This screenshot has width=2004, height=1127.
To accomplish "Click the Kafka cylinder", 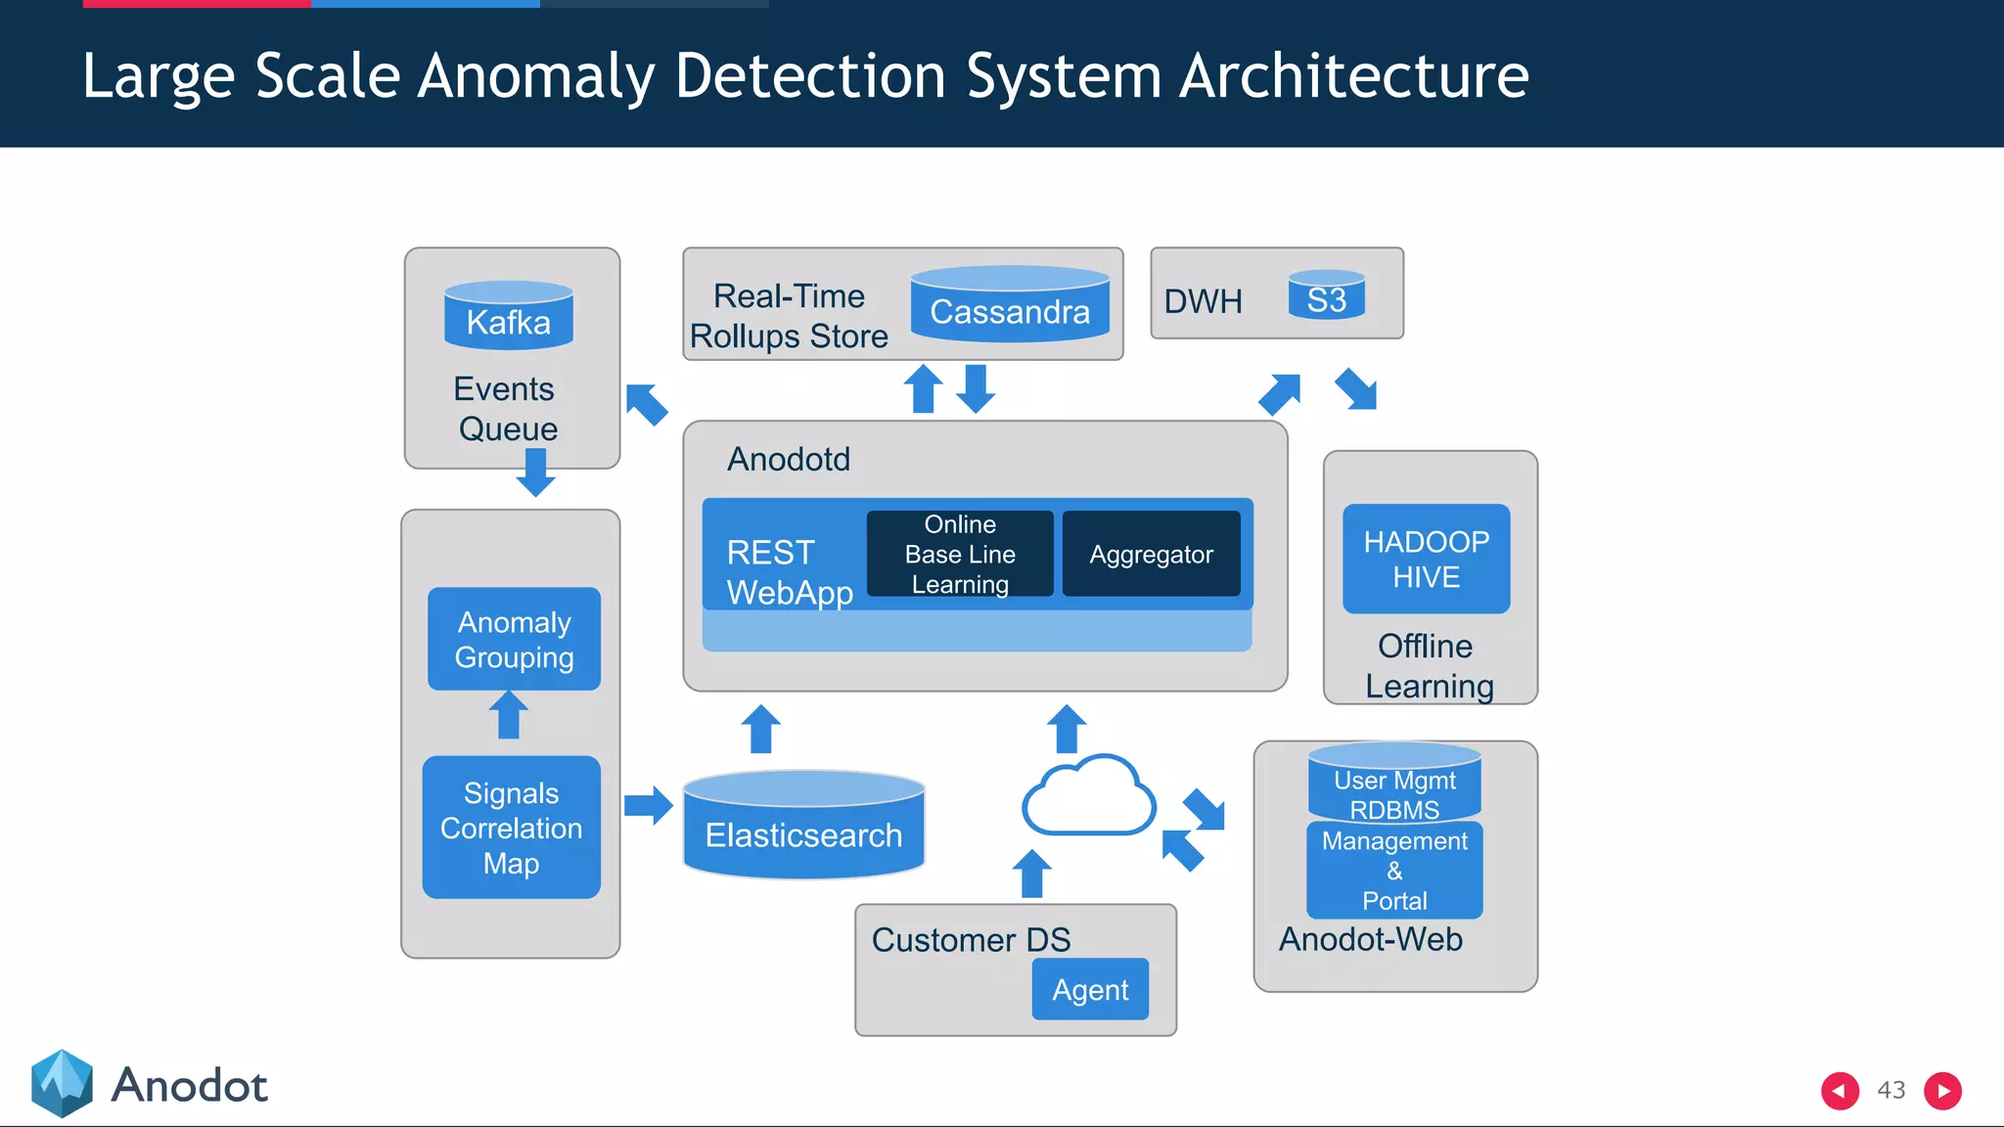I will pos(508,316).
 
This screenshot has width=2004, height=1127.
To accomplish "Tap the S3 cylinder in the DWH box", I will pos(1326,296).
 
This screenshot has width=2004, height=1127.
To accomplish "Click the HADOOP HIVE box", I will pos(1426,559).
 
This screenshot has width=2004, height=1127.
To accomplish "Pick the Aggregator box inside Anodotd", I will pos(1151,554).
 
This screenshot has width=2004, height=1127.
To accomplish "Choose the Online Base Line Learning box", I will pos(959,554).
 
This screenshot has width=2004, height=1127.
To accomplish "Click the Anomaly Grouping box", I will pos(514,639).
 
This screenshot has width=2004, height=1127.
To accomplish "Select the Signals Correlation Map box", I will pos(511,828).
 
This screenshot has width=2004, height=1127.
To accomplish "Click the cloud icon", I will pos(1087,796).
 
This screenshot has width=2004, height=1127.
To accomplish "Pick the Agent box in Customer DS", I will pos(1089,989).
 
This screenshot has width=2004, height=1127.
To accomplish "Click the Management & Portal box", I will pos(1393,871).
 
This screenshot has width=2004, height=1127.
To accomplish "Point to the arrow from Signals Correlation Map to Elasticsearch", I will pos(648,805).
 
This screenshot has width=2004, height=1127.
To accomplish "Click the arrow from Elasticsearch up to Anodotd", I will pos(760,729).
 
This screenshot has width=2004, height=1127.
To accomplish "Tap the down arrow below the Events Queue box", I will pos(535,473).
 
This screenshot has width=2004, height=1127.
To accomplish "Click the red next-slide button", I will pos(1942,1090).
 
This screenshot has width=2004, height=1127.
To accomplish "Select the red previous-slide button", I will pos(1840,1090).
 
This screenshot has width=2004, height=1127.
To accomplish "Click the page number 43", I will pos(1890,1090).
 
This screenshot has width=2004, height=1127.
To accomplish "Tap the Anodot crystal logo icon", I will pos(62,1083).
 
